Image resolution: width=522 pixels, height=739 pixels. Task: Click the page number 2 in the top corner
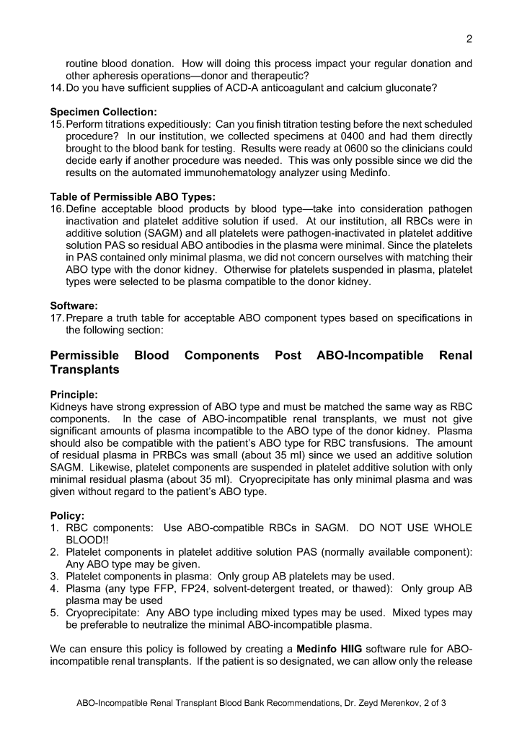[x=469, y=38]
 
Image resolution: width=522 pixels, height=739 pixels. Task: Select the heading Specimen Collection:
[x=103, y=112]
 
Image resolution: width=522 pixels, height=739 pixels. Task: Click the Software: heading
[x=74, y=306]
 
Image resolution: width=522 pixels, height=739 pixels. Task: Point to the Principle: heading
[x=74, y=394]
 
